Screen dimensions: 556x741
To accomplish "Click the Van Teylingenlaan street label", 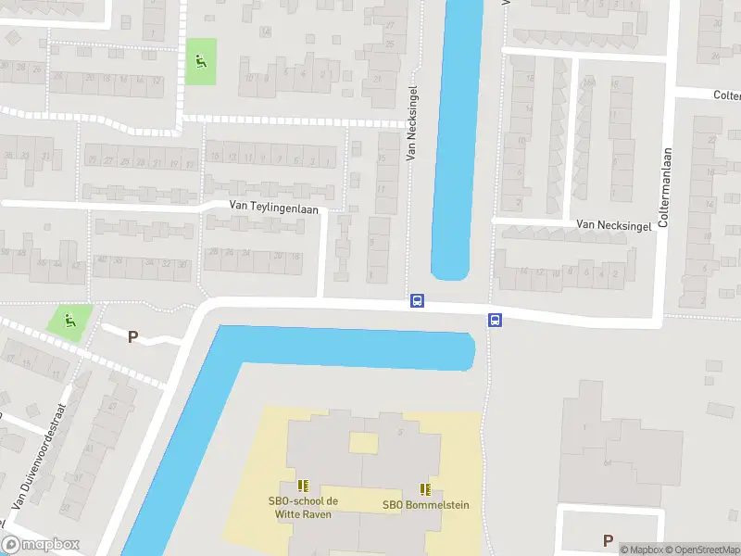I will tap(273, 209).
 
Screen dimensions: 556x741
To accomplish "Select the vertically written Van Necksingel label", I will tap(412, 123).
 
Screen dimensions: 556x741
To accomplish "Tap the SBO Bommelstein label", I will tap(425, 505).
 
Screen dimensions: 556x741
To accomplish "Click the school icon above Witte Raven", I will tap(303, 485).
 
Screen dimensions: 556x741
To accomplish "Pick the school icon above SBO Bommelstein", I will tap(425, 488).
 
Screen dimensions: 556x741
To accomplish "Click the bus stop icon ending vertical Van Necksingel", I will tap(418, 300).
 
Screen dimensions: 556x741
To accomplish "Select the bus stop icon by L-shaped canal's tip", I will tap(496, 321).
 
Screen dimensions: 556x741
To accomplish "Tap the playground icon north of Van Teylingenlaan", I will tap(200, 61).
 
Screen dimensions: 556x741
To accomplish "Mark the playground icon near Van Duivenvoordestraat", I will tap(69, 321).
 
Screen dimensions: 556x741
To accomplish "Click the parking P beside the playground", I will tap(132, 337).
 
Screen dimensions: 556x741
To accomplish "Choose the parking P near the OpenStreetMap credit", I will tap(608, 540).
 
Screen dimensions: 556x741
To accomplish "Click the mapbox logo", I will tap(41, 545).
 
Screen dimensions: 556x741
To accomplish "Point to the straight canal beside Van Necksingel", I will tap(457, 139).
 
